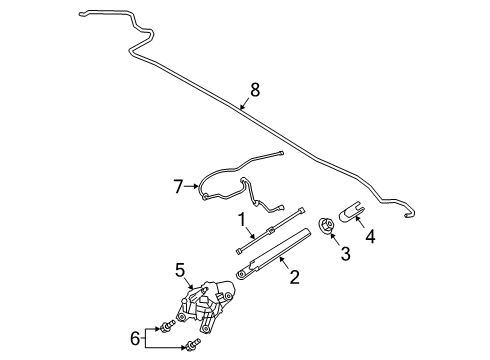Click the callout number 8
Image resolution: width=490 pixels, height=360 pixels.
click(255, 90)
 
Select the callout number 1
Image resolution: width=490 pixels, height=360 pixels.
click(241, 219)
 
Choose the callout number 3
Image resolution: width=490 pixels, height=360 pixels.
click(346, 255)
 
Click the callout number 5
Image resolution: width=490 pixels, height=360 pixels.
click(181, 269)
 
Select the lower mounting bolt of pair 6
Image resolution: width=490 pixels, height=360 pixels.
click(190, 347)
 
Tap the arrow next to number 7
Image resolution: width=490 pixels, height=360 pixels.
click(196, 186)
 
